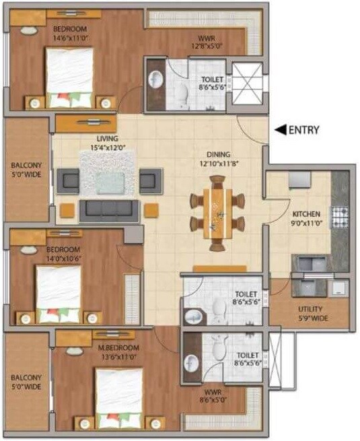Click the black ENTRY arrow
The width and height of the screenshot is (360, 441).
point(278,130)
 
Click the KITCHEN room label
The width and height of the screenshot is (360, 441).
point(306,214)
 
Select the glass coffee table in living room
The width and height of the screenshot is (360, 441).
point(103,182)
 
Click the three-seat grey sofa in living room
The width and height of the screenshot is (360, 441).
point(109,211)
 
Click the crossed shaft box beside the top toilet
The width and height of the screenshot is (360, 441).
point(246,86)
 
